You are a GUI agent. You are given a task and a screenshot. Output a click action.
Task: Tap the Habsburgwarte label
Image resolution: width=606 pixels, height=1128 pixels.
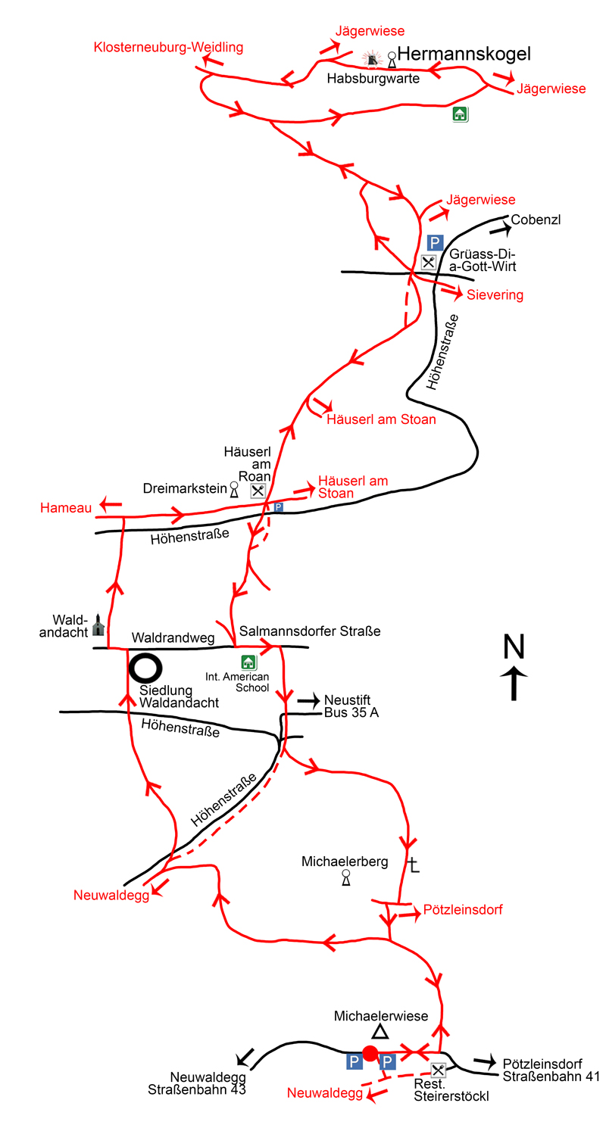click(373, 78)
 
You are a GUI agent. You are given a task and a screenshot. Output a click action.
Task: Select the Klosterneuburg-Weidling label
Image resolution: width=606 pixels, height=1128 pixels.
click(168, 48)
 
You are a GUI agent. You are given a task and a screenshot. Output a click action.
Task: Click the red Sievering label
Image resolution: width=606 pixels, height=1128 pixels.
click(496, 294)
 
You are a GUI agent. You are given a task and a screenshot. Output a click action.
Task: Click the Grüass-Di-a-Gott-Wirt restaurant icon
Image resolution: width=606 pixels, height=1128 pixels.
click(429, 263)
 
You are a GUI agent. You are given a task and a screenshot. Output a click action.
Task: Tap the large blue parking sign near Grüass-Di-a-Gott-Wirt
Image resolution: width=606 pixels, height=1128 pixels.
click(435, 242)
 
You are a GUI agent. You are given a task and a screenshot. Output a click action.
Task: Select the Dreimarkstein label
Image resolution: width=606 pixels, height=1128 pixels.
click(185, 489)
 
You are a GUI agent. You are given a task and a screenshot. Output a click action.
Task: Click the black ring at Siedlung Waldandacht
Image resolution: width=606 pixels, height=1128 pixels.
click(145, 668)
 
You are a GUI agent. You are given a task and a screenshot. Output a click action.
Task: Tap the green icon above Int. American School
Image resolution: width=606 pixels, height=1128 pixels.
click(248, 662)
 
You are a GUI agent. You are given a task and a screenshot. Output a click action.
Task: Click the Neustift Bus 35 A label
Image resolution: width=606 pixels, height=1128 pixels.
click(351, 706)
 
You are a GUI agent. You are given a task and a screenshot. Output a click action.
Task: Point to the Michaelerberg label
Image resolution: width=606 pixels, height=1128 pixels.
click(345, 862)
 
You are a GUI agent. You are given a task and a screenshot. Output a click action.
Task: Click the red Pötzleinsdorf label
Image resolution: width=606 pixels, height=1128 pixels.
click(464, 909)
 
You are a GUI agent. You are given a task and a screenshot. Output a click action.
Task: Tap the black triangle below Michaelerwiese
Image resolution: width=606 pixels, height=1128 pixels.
click(380, 1032)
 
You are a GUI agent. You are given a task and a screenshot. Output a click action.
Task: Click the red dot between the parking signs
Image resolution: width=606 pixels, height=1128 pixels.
click(370, 1053)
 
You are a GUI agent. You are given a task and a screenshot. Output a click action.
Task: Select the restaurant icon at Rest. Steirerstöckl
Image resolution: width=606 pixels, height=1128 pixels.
click(438, 1070)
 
